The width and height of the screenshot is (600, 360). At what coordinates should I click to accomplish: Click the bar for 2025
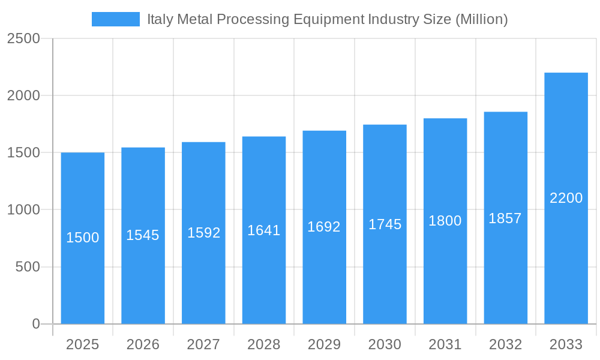pos(83,276)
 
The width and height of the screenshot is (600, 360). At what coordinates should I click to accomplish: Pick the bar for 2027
pos(203,276)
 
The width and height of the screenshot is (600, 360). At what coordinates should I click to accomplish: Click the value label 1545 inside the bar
pos(143,235)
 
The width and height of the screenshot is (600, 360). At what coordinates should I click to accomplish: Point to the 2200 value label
pos(566,198)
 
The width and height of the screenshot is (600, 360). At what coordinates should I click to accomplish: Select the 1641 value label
pos(264,230)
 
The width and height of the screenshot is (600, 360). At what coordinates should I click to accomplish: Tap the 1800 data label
pos(445,221)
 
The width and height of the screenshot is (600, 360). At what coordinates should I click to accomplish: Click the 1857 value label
pos(505,218)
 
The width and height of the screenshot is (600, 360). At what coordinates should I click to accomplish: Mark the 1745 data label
pos(385,224)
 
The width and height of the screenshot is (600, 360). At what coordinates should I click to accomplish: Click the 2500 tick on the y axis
pos(23,39)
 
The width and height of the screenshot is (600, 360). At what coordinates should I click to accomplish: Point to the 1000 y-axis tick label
pos(23,210)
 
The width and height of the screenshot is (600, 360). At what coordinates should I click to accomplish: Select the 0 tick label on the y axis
pos(35,324)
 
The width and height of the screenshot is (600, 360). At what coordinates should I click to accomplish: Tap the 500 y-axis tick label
pos(28,267)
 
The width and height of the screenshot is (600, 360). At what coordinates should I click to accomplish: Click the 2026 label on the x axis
pos(143,344)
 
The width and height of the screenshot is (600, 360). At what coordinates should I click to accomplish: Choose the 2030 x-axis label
pos(385,344)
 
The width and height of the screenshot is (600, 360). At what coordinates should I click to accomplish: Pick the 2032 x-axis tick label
pos(505,344)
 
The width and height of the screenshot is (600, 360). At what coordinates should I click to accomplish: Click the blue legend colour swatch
pos(115,19)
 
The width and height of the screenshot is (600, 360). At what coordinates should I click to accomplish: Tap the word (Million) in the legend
pos(481,19)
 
